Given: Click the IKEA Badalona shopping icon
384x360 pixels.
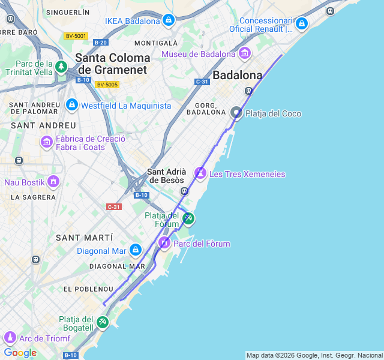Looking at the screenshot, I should [169, 21].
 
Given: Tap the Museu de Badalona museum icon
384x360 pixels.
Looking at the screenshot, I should [244, 54].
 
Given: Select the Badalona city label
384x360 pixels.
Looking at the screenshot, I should [238, 76].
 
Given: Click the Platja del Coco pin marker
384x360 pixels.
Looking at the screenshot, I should [236, 112].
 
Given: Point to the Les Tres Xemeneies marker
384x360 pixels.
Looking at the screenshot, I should [200, 173].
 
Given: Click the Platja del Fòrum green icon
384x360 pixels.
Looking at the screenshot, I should [188, 218].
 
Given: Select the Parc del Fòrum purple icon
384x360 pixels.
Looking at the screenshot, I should [164, 243].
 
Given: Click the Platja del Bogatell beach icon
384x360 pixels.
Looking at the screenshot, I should [103, 323].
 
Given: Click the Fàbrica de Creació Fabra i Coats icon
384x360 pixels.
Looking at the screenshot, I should [46, 142].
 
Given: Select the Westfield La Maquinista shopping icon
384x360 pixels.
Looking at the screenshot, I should [72, 105].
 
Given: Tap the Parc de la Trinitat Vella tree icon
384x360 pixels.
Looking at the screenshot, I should [61, 67].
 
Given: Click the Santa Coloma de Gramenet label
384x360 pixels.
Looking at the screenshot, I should [113, 64].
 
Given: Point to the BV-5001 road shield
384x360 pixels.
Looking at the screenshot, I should [77, 36].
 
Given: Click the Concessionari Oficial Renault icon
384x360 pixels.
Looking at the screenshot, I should [301, 23].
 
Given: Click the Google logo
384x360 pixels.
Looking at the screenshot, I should [20, 353].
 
